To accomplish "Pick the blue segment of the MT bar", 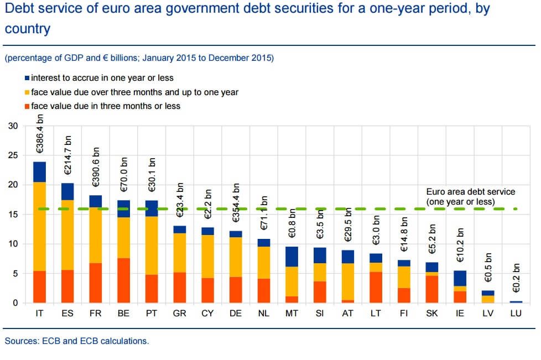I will pyautogui.click(x=292, y=257).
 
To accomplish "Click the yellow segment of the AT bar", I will pyautogui.click(x=348, y=281).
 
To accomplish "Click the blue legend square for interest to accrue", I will pyautogui.click(x=27, y=79).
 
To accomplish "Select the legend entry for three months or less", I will pyautogui.click(x=105, y=106).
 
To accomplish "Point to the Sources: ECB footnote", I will pyautogui.click(x=77, y=341).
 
